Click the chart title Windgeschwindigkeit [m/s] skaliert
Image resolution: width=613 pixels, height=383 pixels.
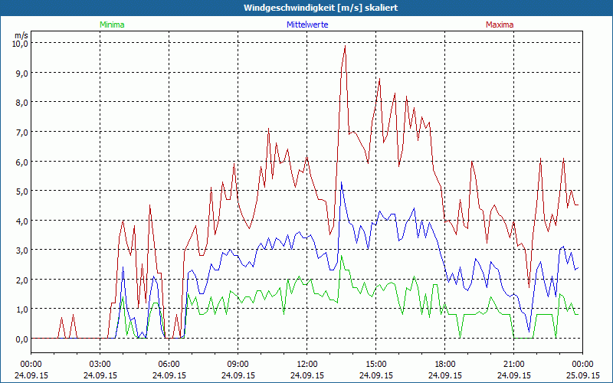[310, 8]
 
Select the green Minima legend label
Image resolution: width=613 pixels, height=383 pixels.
[112, 25]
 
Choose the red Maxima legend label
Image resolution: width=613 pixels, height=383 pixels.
[500, 25]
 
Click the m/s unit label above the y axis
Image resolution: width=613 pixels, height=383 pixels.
[21, 35]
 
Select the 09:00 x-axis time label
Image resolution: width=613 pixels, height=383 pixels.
[238, 364]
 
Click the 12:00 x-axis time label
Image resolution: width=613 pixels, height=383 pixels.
[307, 364]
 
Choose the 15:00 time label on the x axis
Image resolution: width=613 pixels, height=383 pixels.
[376, 364]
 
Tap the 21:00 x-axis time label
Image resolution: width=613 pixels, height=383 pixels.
[514, 364]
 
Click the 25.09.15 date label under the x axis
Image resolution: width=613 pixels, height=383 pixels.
[582, 375]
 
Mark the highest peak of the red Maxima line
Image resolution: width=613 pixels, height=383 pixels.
[346, 46]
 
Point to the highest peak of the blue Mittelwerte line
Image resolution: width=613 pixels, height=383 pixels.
[342, 182]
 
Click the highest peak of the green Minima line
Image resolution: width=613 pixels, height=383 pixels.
[342, 256]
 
